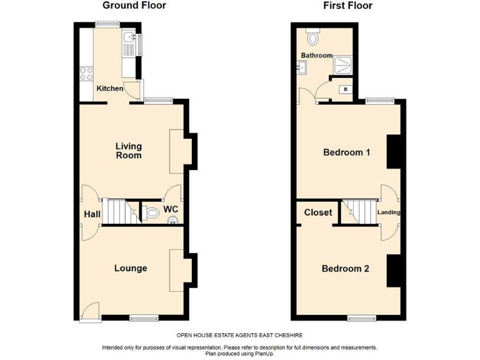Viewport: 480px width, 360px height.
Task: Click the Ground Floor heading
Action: [x=134, y=6]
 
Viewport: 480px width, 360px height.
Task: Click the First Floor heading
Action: [x=347, y=6]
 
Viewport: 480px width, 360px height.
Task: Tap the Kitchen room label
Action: [x=109, y=89]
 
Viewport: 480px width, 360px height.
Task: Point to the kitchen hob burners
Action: [x=86, y=75]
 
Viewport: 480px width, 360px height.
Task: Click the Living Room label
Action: [x=128, y=151]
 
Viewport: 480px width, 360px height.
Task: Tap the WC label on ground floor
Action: [x=170, y=209]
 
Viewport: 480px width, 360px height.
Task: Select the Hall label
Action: [x=92, y=214]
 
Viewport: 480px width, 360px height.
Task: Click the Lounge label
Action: [x=131, y=268]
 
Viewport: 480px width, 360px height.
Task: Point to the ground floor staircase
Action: [x=119, y=212]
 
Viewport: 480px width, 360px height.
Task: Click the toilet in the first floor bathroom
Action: [x=312, y=37]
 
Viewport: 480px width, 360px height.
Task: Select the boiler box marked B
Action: [x=344, y=89]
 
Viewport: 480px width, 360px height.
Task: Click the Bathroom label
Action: [x=317, y=56]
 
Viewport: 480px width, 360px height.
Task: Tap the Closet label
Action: [x=318, y=212]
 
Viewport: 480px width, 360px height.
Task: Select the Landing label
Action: [x=389, y=212]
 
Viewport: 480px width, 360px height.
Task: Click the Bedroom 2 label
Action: [x=346, y=269]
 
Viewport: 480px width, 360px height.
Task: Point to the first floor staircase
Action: [x=357, y=212]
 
